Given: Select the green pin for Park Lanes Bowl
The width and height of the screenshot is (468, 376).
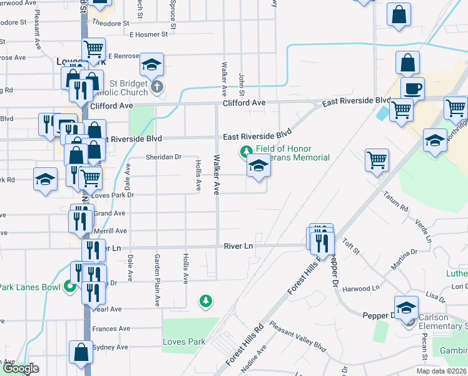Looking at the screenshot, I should click(69, 288).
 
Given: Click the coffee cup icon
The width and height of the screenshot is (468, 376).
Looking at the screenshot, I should click(412, 88).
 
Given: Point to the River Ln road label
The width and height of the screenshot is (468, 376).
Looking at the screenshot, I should click(238, 246).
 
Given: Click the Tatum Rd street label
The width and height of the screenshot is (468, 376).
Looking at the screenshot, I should click(395, 201).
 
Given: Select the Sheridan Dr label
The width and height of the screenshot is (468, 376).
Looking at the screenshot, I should click(163, 157).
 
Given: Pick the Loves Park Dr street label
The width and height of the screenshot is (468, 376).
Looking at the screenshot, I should click(113, 195).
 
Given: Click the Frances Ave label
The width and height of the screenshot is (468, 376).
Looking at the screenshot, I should click(111, 328).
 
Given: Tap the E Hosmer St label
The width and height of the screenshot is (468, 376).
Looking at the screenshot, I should click(149, 35).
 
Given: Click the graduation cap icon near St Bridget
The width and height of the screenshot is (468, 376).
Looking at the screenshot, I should click(151, 64).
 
